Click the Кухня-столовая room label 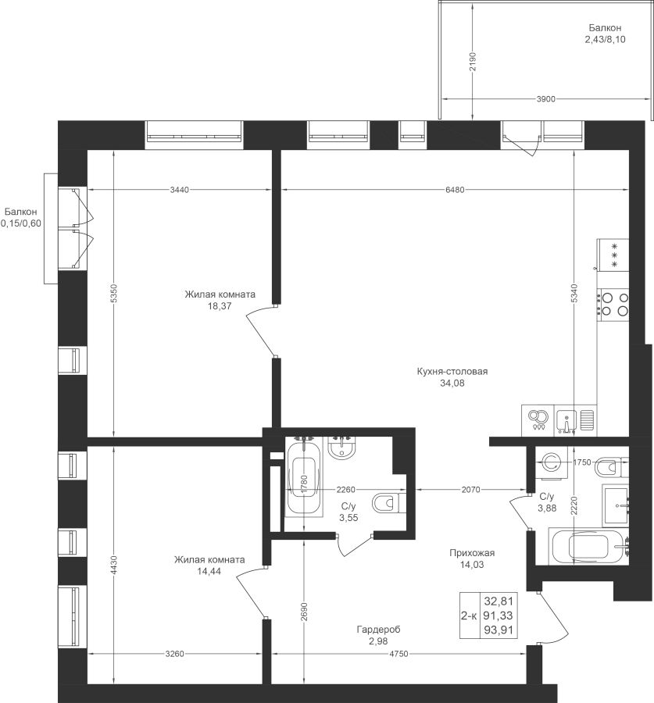click(x=452, y=372)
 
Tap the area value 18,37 click(x=220, y=306)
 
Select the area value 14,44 click(x=209, y=571)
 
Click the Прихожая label click(x=472, y=553)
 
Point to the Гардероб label click(x=379, y=630)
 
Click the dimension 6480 click(x=455, y=190)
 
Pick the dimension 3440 click(x=180, y=190)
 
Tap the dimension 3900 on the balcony click(x=546, y=99)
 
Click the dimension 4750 click(x=398, y=654)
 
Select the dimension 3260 click(x=174, y=654)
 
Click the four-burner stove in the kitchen click(x=613, y=304)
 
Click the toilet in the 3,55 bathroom click(x=388, y=504)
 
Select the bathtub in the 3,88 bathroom click(x=589, y=547)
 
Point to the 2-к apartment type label click(x=469, y=616)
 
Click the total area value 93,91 click(x=499, y=630)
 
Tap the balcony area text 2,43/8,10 click(x=605, y=40)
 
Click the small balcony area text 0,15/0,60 click(x=20, y=223)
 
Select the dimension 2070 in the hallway click(x=471, y=490)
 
